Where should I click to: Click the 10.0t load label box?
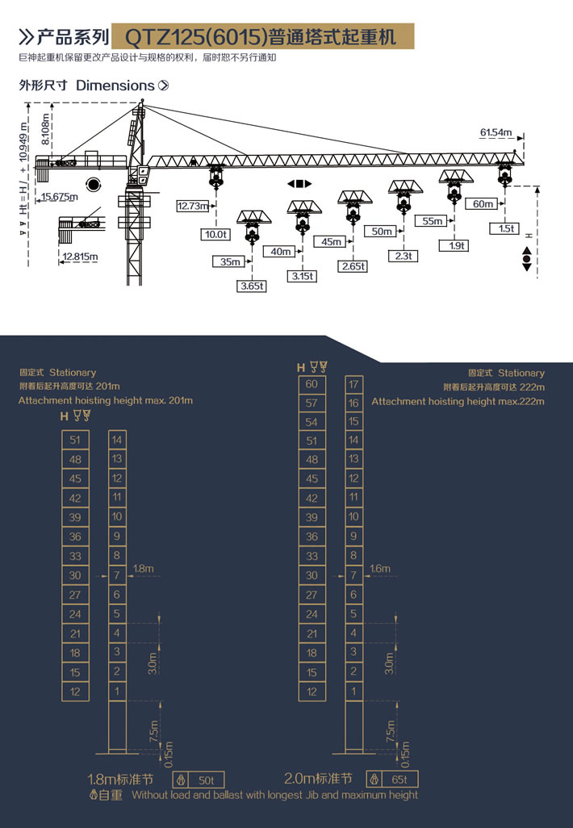(215, 235)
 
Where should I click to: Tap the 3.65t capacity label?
(252, 286)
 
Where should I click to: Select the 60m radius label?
(483, 204)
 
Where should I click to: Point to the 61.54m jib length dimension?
(496, 132)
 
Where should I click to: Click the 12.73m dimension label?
(193, 206)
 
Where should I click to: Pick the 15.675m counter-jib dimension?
(60, 197)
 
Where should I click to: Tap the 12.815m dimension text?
(80, 257)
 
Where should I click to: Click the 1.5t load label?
(505, 228)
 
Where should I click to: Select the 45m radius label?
(331, 242)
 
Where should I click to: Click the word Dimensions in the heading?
(115, 86)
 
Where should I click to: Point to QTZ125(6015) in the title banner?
(194, 37)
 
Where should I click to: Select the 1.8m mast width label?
(143, 569)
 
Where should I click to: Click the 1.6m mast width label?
(380, 569)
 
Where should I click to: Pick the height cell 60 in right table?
(312, 384)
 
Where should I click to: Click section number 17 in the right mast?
(353, 384)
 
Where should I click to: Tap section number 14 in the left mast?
(117, 440)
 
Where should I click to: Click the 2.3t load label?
(404, 256)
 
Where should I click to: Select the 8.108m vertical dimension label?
(45, 129)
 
